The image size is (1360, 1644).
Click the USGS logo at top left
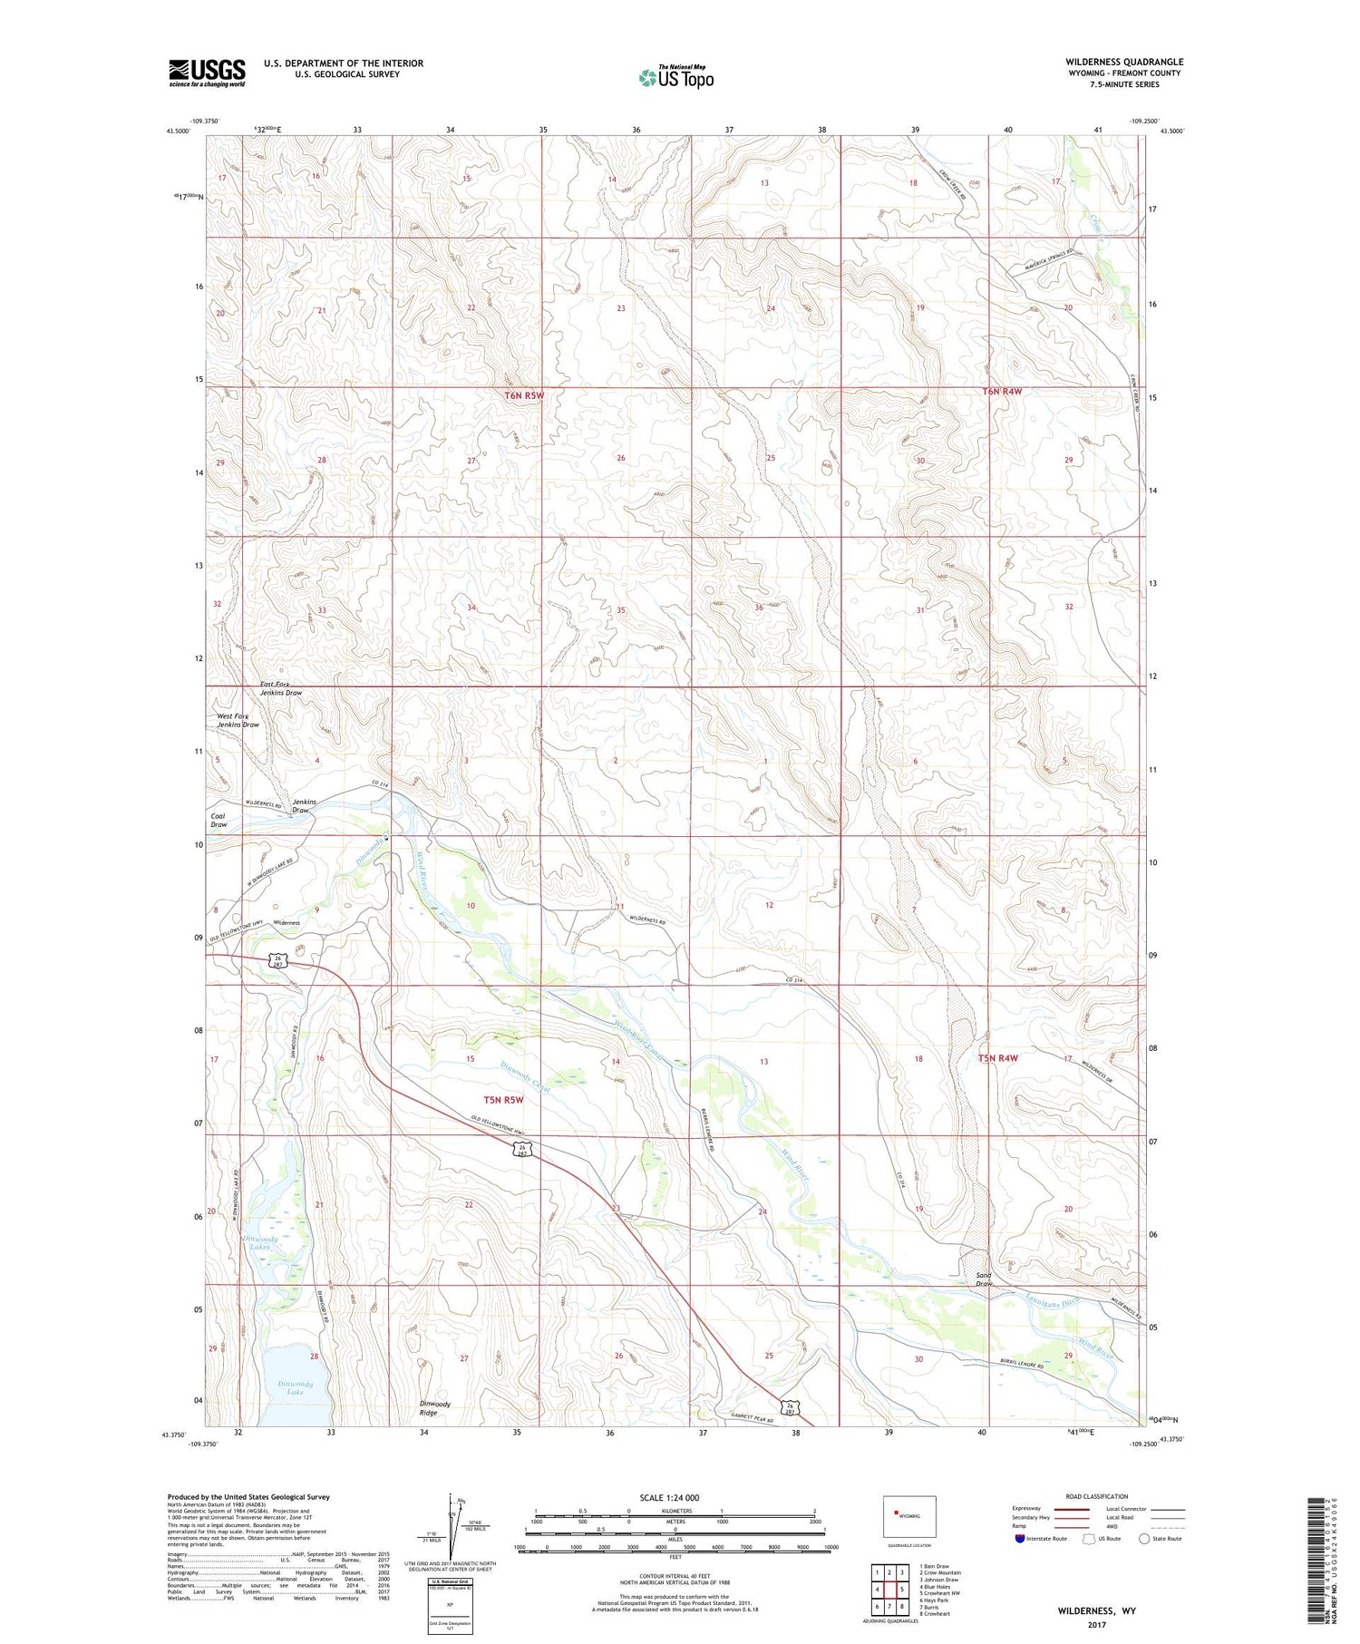[207, 73]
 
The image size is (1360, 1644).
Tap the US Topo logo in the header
[675, 78]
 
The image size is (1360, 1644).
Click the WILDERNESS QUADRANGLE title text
[1124, 62]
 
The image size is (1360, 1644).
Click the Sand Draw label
[984, 1279]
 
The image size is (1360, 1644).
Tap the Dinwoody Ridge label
[434, 1408]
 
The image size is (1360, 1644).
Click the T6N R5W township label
[524, 395]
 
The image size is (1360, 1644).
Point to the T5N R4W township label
[998, 1058]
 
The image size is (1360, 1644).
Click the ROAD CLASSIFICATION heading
[1097, 1496]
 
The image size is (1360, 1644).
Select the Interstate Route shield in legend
[1020, 1539]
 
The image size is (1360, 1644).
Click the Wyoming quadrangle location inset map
[909, 1515]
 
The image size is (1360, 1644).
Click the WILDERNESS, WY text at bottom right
[1096, 1610]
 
